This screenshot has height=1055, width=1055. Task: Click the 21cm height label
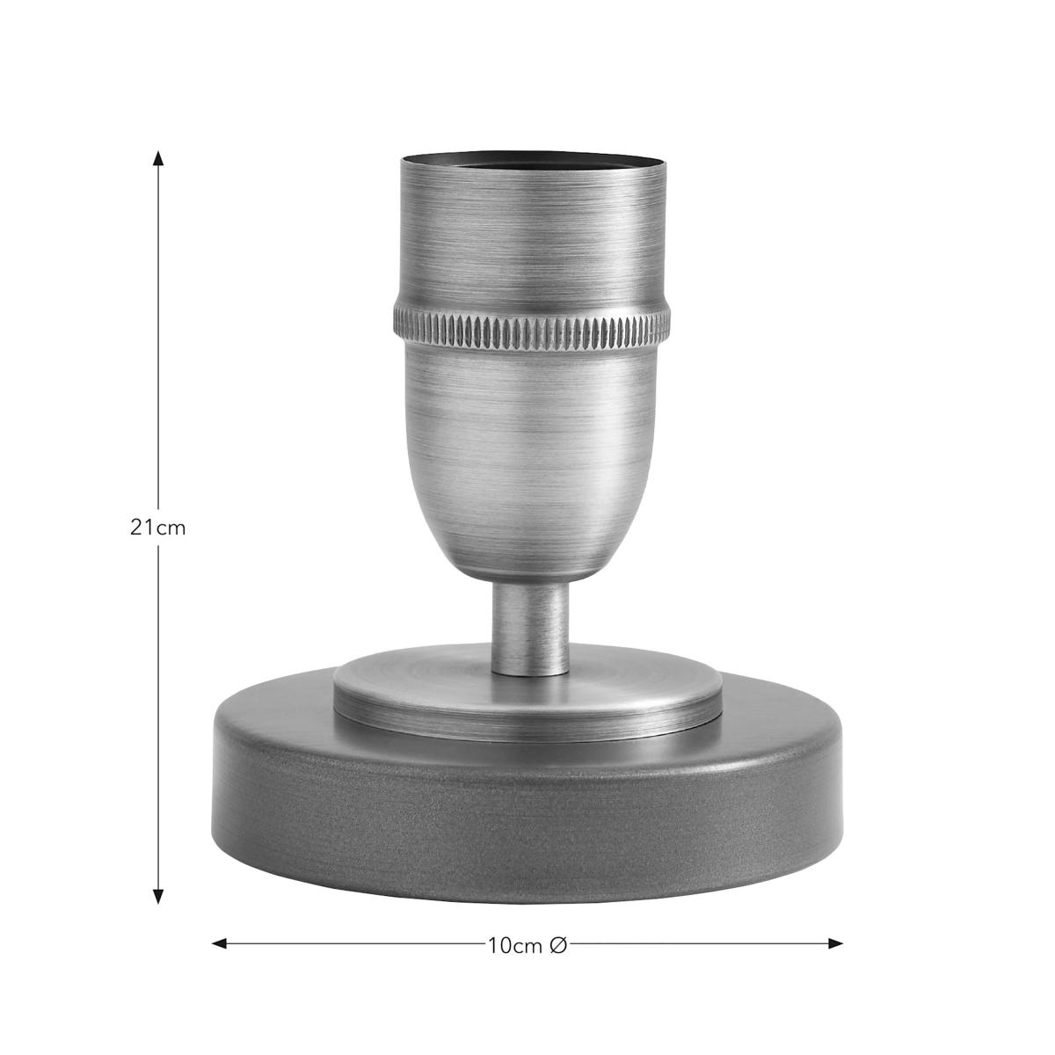157,527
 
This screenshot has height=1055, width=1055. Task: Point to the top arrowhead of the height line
158,158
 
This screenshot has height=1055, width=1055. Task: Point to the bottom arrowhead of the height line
158,896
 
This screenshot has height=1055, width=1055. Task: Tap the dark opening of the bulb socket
534,160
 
